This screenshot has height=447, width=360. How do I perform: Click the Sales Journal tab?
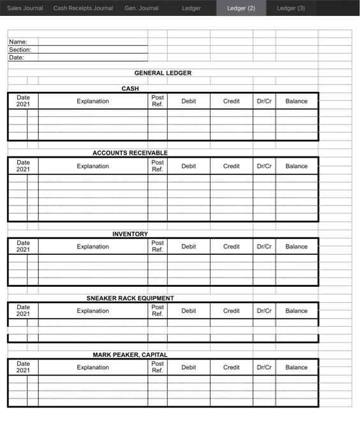[x=25, y=8]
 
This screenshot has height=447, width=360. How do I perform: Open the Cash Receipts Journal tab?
[x=83, y=8]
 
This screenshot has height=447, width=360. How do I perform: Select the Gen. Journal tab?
[x=141, y=8]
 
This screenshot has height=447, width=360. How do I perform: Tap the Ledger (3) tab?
[x=291, y=8]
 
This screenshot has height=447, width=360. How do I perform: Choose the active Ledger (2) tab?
[x=241, y=8]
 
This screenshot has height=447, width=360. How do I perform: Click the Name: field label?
[x=18, y=42]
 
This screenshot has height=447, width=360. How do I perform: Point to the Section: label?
[x=20, y=50]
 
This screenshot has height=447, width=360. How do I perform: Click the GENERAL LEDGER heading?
[x=163, y=73]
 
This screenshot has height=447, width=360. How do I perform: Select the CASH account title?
[x=130, y=89]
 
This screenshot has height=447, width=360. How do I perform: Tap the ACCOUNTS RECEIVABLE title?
[x=130, y=153]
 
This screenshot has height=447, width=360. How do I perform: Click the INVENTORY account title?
[x=130, y=234]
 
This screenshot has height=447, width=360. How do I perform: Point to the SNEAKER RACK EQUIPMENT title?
[x=130, y=298]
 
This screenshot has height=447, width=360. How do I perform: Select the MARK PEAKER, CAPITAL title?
[x=130, y=355]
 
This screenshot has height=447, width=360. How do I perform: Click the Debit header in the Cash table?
[x=188, y=102]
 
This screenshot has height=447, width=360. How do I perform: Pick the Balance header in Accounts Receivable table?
[x=296, y=167]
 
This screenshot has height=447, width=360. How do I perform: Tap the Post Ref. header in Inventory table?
[x=158, y=246]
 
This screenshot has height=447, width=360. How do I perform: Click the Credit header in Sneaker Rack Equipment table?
[x=231, y=312]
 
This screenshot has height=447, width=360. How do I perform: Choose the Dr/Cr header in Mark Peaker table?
[x=264, y=368]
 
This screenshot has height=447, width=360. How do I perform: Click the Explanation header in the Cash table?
[x=93, y=102]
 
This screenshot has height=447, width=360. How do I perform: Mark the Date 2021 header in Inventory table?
[x=23, y=246]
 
